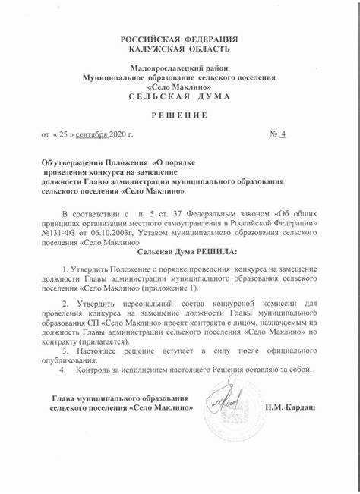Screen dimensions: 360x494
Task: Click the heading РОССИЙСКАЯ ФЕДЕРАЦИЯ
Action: [180, 39]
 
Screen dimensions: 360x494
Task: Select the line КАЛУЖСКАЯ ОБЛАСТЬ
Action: [180, 49]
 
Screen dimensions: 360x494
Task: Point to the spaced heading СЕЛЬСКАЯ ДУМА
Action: [179, 98]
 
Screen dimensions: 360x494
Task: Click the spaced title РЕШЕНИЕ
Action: [179, 115]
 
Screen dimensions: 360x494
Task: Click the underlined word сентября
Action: [90, 135]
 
